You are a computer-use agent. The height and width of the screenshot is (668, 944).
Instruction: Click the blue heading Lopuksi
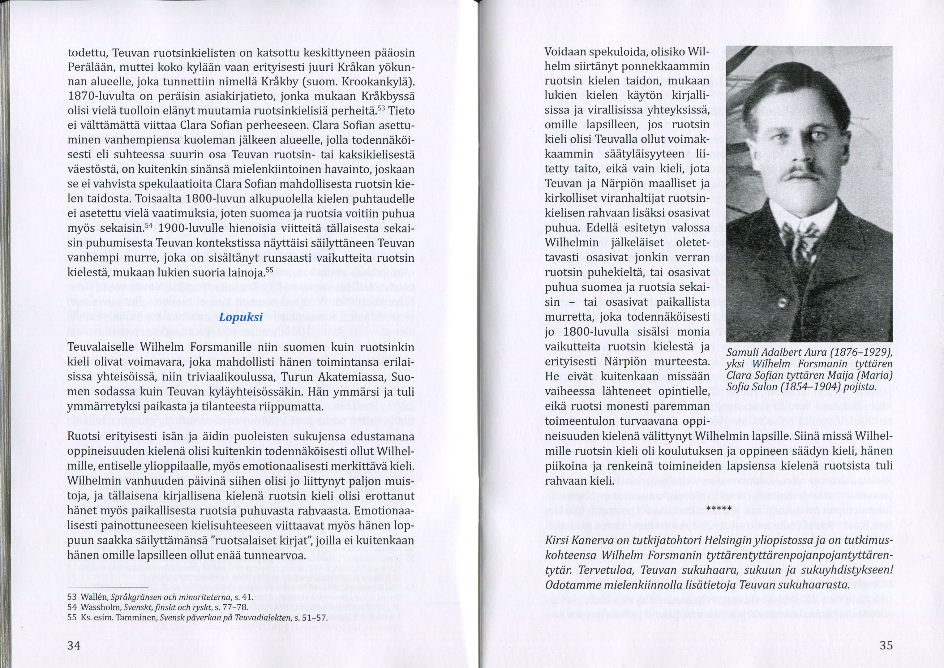pos(241,318)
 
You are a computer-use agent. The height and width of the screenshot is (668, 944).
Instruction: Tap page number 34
pos(74,645)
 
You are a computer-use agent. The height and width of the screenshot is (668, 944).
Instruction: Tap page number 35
pos(886,645)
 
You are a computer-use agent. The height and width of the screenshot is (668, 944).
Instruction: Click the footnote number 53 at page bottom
pos(72,597)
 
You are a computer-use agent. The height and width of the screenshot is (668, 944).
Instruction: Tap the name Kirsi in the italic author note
pos(558,541)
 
